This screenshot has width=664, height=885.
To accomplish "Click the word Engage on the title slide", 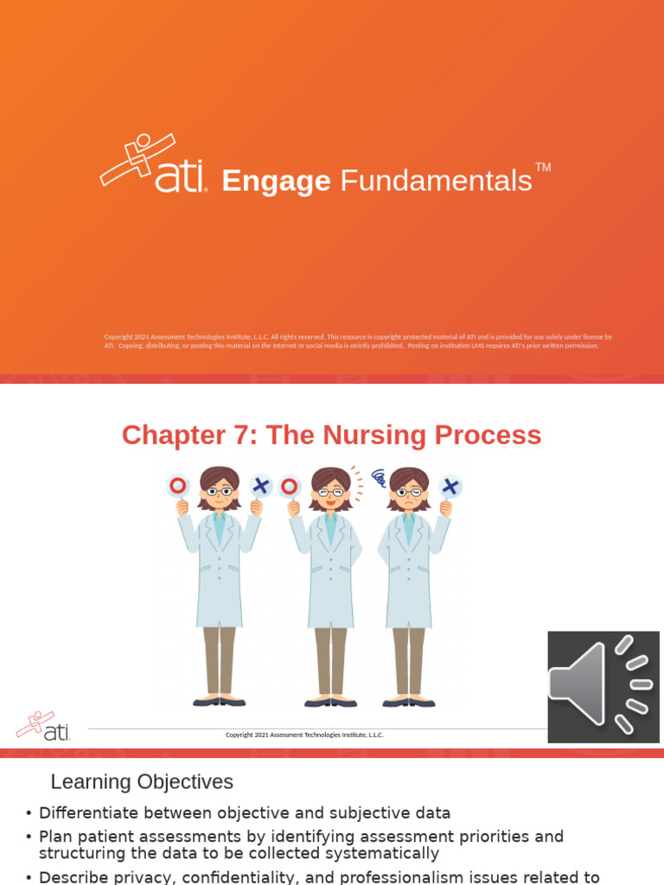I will click(x=276, y=181).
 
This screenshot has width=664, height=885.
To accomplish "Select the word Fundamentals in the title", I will click(x=436, y=181).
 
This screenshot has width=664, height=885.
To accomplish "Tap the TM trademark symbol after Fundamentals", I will click(x=543, y=167).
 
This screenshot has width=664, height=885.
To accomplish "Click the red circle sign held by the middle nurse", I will click(x=290, y=487).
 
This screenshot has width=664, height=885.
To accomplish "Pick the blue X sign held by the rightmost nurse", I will click(x=450, y=486).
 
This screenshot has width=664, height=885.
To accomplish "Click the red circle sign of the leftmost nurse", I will click(x=178, y=486).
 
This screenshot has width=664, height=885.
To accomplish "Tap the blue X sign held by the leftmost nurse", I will click(x=260, y=486).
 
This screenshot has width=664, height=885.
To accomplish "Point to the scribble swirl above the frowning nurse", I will click(x=379, y=478).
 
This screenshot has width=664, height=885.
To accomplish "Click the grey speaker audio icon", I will click(x=603, y=686).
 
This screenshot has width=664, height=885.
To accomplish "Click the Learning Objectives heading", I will click(x=142, y=782).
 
